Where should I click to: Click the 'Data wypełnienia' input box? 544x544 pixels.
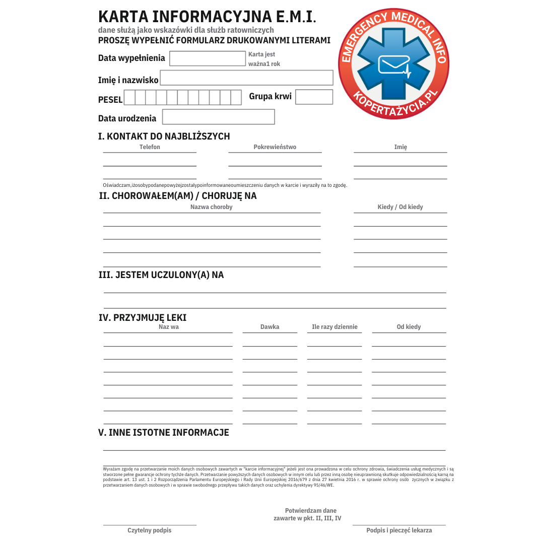[207, 58]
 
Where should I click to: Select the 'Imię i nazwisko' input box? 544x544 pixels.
[246, 78]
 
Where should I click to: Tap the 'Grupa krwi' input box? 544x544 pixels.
[314, 97]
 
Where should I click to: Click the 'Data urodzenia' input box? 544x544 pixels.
[218, 117]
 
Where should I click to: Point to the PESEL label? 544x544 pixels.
[110, 100]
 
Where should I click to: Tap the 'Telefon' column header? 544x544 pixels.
[150, 147]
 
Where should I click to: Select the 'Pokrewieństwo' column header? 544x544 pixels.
[275, 147]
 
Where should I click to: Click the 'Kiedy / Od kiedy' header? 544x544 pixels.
[400, 207]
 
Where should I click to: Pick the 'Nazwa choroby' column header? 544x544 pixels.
[211, 207]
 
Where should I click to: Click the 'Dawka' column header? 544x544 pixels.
[269, 327]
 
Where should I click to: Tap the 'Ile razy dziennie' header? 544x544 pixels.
[334, 327]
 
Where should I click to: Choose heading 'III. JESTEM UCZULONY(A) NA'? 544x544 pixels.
[161, 275]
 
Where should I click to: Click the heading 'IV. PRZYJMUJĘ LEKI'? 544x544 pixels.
[142, 317]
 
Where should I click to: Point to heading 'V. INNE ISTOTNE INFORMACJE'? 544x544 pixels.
[163, 432]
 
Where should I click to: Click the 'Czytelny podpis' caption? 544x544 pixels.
[149, 530]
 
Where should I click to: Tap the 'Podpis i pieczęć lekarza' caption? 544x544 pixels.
[399, 530]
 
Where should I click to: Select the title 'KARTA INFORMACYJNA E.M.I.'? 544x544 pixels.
[207, 17]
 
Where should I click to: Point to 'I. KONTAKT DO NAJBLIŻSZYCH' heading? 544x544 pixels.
[164, 136]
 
